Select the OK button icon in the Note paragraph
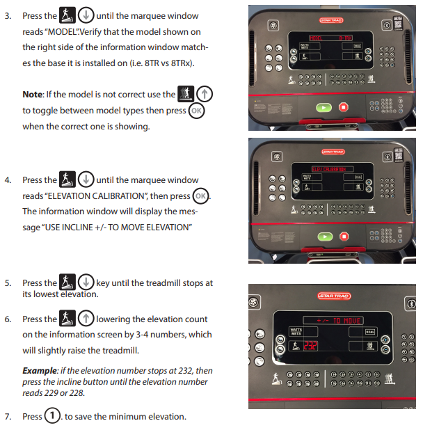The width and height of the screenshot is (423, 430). pyautogui.click(x=198, y=110)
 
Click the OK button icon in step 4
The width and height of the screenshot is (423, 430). pyautogui.click(x=200, y=196)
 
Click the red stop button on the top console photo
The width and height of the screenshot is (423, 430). pyautogui.click(x=343, y=107)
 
